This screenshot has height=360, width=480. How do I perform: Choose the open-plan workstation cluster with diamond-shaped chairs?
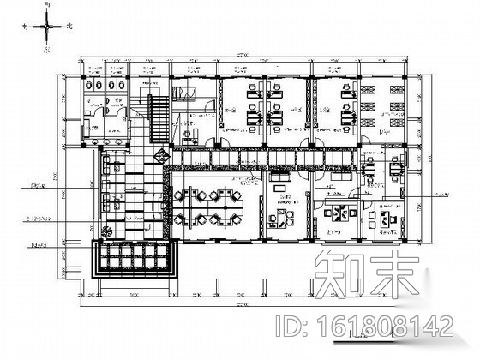pos(207,205)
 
